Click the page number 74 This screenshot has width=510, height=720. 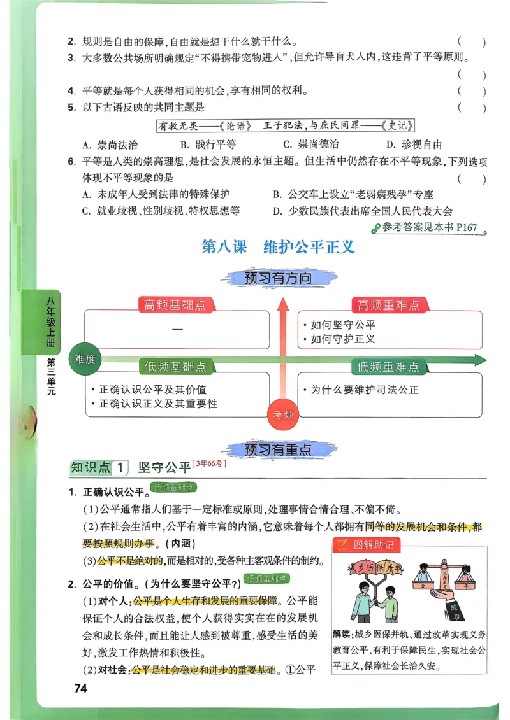coord(80,688)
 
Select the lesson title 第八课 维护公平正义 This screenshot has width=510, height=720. coord(277,247)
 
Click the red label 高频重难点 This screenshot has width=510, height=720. coord(388,305)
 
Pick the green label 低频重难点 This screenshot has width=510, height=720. coord(388,367)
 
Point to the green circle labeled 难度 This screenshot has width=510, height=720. coord(85,359)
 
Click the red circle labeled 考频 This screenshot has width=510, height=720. coord(283,414)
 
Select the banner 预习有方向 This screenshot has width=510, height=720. coord(279,278)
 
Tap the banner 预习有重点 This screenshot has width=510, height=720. coord(279,449)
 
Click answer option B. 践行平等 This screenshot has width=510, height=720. coord(208,145)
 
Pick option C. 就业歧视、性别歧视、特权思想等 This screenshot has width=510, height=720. coord(161,211)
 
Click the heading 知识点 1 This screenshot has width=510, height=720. coord(99,468)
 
